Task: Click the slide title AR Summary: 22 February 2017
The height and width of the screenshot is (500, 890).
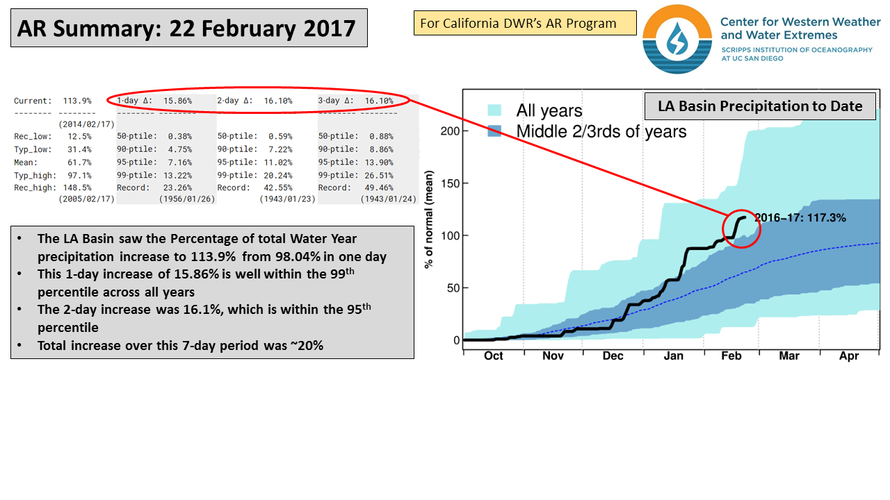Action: (x=186, y=28)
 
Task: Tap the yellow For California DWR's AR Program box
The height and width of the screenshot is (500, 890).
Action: (x=519, y=24)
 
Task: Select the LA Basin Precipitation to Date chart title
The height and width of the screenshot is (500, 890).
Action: (x=759, y=106)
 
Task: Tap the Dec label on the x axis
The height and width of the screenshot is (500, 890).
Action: (x=613, y=356)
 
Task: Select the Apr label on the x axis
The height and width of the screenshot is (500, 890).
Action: (x=849, y=356)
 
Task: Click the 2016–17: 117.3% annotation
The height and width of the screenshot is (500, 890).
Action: (x=800, y=218)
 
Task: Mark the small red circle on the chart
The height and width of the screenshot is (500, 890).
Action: (x=741, y=227)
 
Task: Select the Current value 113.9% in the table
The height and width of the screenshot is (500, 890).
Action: (x=77, y=101)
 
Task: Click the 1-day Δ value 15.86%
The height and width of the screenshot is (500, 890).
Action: (x=178, y=101)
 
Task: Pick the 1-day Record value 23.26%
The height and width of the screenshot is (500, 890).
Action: (x=178, y=187)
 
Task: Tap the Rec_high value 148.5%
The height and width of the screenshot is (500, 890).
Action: (x=77, y=187)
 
